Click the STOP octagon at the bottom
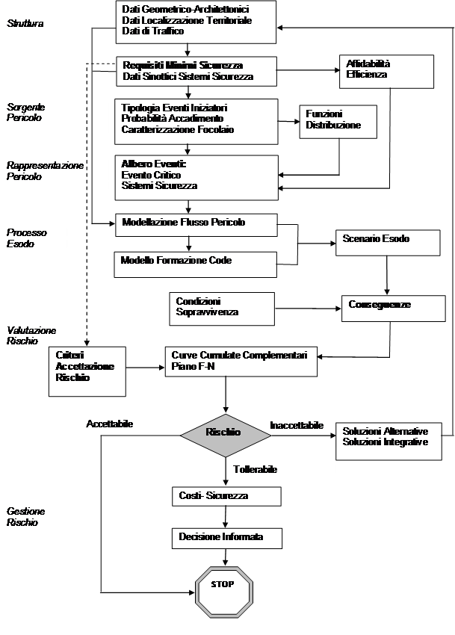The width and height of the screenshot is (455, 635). [x=225, y=585]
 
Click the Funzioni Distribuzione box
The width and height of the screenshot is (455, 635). [x=338, y=121]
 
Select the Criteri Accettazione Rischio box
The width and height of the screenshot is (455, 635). [x=87, y=369]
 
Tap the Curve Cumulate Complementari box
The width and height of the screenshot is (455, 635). [x=241, y=360]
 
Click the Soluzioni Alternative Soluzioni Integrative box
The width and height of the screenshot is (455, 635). [x=387, y=439]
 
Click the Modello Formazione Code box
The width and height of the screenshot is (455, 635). [x=194, y=261]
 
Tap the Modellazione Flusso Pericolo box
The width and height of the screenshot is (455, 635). [x=194, y=225]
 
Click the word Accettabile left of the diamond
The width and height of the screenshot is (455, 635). [x=109, y=424]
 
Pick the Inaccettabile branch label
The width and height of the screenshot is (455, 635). [x=297, y=426]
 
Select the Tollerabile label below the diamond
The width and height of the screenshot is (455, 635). [x=256, y=470]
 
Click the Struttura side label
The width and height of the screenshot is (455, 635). [x=25, y=24]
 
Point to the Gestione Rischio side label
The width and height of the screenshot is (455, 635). [x=26, y=517]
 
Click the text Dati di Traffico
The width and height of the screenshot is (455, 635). [x=152, y=32]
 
